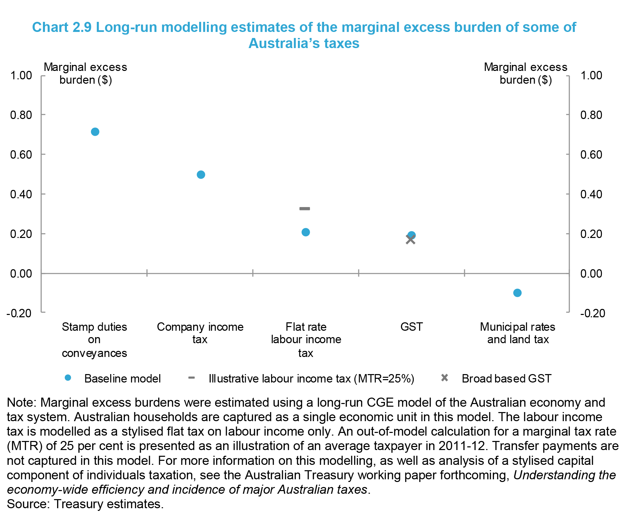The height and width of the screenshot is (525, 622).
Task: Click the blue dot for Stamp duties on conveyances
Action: pyautogui.click(x=95, y=132)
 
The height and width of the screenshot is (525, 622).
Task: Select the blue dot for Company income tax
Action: pyautogui.click(x=201, y=175)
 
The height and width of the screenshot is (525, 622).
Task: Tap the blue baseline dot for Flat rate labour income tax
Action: pyautogui.click(x=306, y=232)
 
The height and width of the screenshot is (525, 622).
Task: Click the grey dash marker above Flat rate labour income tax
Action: pyautogui.click(x=305, y=209)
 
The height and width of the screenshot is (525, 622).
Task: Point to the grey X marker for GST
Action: pyautogui.click(x=410, y=240)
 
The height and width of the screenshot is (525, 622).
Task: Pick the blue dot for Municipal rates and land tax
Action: pyautogui.click(x=517, y=293)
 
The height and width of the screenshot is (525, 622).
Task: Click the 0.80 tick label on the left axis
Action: pyautogui.click(x=21, y=115)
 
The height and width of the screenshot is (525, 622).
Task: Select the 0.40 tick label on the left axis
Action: pyautogui.click(x=21, y=194)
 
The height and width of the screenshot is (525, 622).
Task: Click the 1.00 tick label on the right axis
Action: pyautogui.click(x=591, y=75)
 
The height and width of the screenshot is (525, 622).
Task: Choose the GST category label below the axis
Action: pyautogui.click(x=411, y=327)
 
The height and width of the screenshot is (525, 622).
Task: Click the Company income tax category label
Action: pyautogui.click(x=200, y=333)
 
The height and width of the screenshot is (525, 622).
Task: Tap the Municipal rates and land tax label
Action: pyautogui.click(x=518, y=333)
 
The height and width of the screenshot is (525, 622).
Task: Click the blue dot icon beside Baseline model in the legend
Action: pyautogui.click(x=68, y=378)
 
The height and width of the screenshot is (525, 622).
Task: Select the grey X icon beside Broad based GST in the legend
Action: pyautogui.click(x=444, y=378)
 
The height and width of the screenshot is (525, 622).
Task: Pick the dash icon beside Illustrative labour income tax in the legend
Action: pyautogui.click(x=191, y=378)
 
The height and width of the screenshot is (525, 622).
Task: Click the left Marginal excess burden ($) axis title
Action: pyautogui.click(x=85, y=73)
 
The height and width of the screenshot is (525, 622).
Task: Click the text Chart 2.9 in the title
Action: pyautogui.click(x=62, y=27)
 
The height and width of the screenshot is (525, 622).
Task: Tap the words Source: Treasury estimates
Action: pyautogui.click(x=85, y=504)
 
